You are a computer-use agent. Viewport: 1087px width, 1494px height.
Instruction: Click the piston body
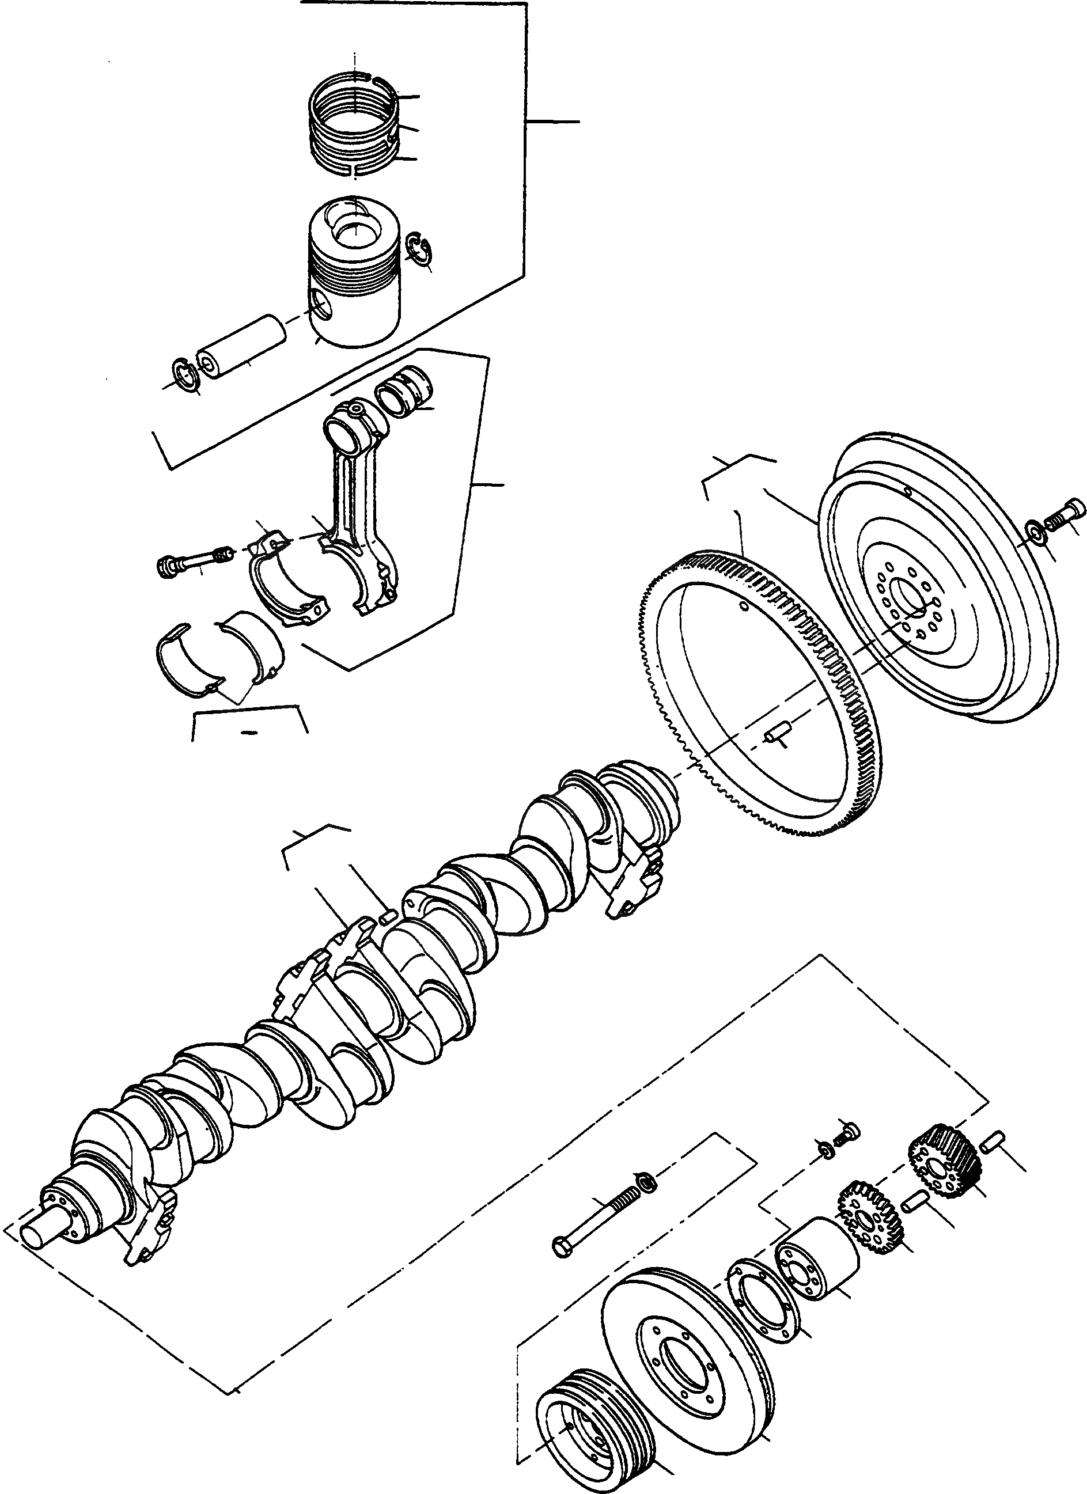click(354, 283)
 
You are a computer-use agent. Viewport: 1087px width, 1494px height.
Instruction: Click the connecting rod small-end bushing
click(403, 393)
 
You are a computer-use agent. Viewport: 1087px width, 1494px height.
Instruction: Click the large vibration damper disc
click(688, 1351)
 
